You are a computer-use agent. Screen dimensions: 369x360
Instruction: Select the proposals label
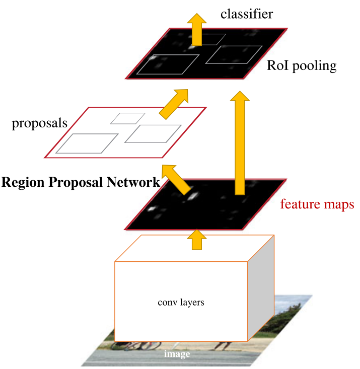pos(40,123)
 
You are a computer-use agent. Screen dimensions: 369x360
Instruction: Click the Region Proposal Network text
pos(81,183)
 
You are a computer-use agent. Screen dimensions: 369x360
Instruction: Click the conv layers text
pos(181,303)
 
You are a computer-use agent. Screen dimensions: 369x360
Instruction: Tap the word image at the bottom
pos(177,354)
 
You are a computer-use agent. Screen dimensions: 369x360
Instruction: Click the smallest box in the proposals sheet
pos(128,118)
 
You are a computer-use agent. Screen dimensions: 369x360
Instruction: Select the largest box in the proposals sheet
pos(87,142)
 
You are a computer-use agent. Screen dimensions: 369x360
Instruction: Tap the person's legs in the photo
pos(224,345)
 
